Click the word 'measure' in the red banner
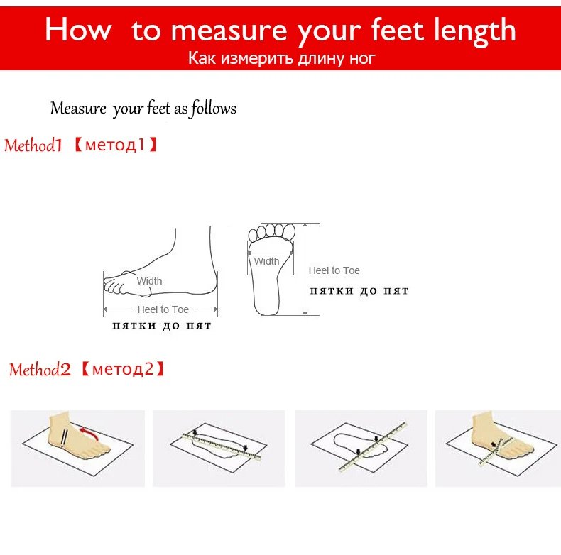click(x=229, y=31)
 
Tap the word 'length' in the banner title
click(x=475, y=31)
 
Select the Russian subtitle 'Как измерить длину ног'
click(x=282, y=58)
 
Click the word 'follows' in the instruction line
click(x=214, y=109)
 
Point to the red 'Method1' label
click(x=33, y=145)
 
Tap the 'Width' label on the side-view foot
click(x=149, y=281)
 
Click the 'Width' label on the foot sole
click(x=266, y=261)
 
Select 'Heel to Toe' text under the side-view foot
click(x=163, y=309)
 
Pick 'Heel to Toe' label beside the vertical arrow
click(x=334, y=270)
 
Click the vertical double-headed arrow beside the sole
click(x=305, y=269)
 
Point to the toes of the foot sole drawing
click(x=272, y=232)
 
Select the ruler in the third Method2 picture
click(x=372, y=446)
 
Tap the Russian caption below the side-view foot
click(x=162, y=326)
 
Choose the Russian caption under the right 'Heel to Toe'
click(x=359, y=291)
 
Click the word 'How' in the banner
click(x=78, y=30)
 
